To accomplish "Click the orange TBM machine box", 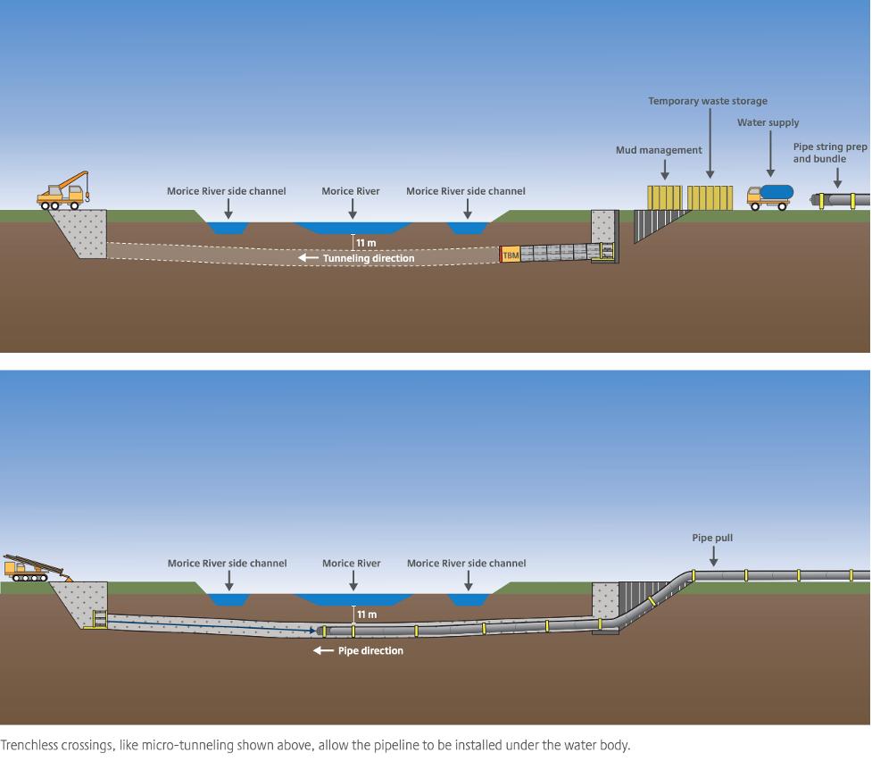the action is click(x=511, y=254).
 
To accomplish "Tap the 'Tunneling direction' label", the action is click(x=369, y=258).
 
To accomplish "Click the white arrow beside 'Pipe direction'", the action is click(x=323, y=650).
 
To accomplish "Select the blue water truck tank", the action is click(x=776, y=192).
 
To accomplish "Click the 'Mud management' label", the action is click(x=659, y=150).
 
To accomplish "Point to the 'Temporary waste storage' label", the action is click(x=708, y=101).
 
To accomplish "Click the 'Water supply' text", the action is click(x=768, y=122).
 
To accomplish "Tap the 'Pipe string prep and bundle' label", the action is click(x=830, y=153).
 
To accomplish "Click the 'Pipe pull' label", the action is click(x=712, y=538).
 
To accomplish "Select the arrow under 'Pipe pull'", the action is click(x=713, y=556).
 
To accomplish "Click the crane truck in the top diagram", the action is click(x=62, y=191).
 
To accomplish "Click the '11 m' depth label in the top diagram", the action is click(x=366, y=243).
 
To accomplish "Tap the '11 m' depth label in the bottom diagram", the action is click(x=367, y=615).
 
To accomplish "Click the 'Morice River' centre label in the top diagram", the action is click(x=351, y=191).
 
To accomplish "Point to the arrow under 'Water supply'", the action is click(x=770, y=154).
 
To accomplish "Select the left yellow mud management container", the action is click(x=665, y=197).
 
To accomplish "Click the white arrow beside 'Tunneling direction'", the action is click(x=308, y=258).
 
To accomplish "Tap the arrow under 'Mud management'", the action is click(x=665, y=169).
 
